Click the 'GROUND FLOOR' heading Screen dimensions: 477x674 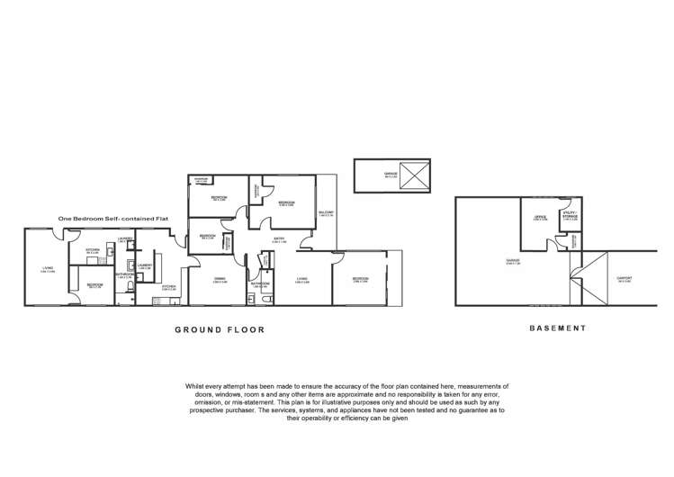pos(219,330)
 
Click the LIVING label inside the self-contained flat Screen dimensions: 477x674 pos(48,268)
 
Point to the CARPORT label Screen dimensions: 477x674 pos(624,279)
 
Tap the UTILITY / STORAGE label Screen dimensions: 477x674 pos(570,216)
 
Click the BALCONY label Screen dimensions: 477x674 pos(326,213)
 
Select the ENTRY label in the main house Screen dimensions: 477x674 pos(280,239)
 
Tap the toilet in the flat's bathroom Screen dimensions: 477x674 pos(131,266)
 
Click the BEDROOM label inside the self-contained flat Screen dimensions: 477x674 pos(95,284)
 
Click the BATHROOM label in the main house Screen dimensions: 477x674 pos(260,283)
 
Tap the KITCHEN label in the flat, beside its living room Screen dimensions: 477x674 pos(93,251)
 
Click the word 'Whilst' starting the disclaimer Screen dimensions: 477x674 pos(195,384)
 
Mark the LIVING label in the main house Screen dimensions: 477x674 pos(302,279)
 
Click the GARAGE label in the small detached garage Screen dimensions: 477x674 pos(391,175)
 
